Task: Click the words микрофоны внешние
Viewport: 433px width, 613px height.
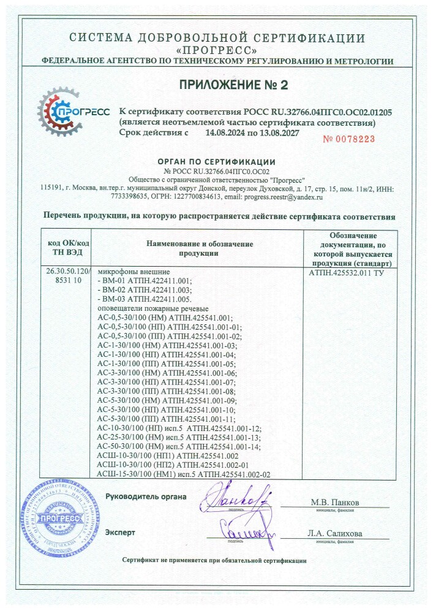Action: point(134,272)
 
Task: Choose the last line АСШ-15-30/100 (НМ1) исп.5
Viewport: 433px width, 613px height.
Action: point(184,474)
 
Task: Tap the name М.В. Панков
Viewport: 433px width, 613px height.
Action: point(335,503)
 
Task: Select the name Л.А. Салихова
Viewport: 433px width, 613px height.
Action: point(335,533)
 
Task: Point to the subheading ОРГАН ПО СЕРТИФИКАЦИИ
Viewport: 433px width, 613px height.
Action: point(217,161)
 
